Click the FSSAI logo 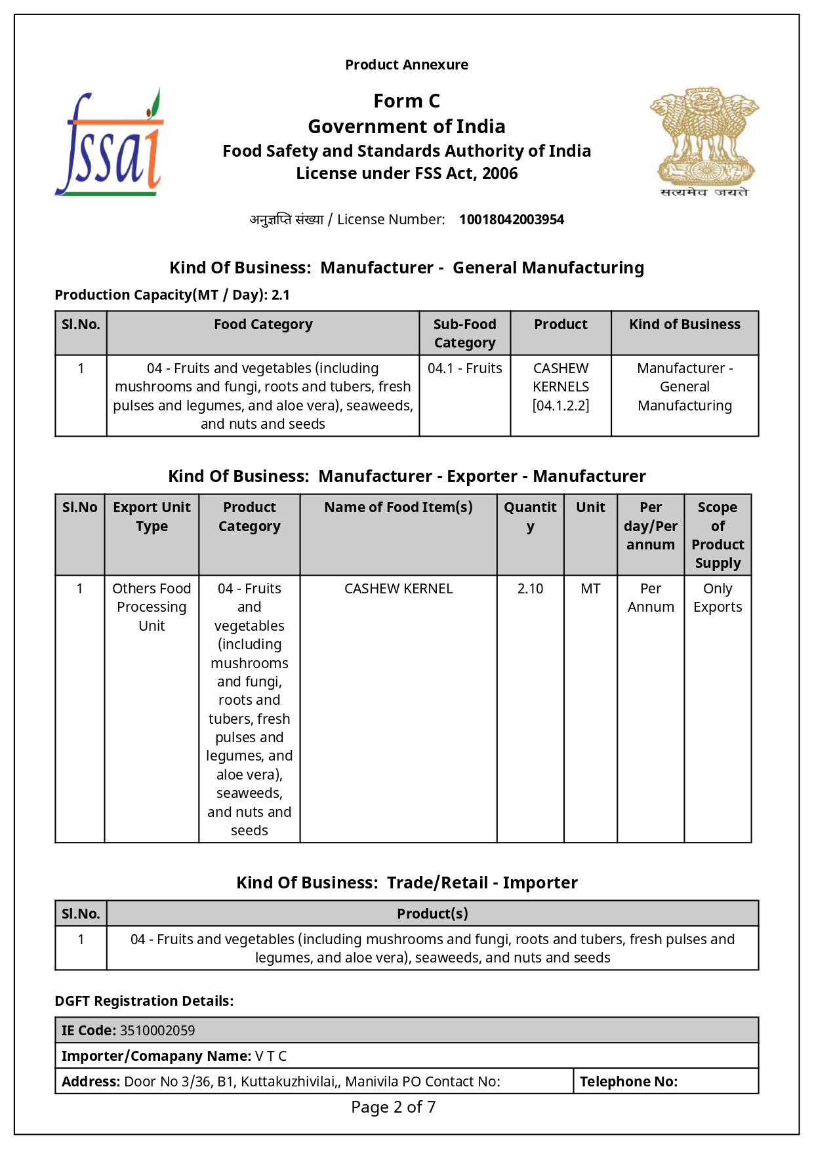coord(110,142)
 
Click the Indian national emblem coord(704,142)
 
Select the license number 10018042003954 coord(511,220)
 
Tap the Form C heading coord(407,101)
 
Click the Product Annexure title coord(407,65)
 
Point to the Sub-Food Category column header coord(464,333)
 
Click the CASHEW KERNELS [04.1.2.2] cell coord(561,387)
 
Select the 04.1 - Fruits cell coord(464,368)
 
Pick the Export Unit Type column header coord(152,517)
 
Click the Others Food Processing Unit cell coord(152,607)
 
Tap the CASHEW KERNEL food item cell coord(398,589)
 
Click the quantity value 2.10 coord(530,589)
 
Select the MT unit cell coord(590,589)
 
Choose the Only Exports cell coord(718,598)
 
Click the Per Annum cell coord(651,598)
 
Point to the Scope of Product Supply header coord(718,535)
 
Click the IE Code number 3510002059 coord(157,1031)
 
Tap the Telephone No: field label coord(628,1082)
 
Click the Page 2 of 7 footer coord(393,1107)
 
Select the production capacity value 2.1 coord(281,295)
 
